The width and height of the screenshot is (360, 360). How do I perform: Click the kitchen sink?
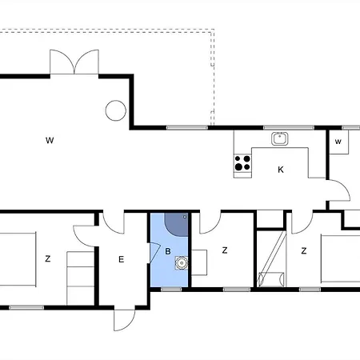pos(280,138)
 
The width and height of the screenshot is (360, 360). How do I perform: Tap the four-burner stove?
pos(242,163)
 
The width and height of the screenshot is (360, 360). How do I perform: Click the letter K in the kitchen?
pos(281,170)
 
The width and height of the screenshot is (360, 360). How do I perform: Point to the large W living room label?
pos(50,140)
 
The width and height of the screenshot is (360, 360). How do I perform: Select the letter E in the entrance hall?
pos(122,259)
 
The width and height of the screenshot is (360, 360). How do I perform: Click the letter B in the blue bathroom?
pos(168,251)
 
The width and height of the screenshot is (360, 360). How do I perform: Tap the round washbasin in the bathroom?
pos(182,263)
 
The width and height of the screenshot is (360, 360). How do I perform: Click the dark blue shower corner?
pos(176,225)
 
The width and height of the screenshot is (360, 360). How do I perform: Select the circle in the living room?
pos(116,110)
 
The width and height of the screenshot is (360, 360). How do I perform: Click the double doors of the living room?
pos(74,62)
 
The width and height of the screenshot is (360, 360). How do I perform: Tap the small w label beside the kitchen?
pos(338,142)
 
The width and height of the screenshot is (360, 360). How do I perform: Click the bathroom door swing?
pos(154,252)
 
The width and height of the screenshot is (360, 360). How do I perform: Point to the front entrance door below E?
pos(125,320)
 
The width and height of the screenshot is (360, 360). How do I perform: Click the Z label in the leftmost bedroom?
pos(48,258)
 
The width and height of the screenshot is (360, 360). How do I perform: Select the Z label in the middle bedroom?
pos(225,250)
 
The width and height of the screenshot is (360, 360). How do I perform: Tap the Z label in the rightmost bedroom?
pos(304,250)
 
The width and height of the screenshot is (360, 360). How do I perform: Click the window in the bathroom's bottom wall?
pos(171,289)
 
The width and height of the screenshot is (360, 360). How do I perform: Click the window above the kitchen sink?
pos(289,128)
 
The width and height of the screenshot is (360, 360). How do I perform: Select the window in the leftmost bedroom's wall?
pos(26,308)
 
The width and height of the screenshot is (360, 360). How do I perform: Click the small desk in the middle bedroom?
pos(199,262)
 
